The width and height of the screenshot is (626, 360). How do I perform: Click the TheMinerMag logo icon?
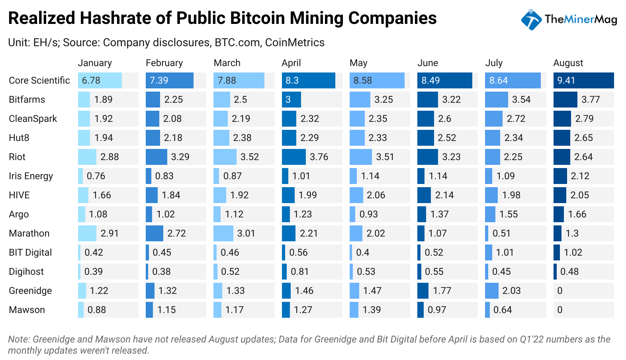tap(531, 20)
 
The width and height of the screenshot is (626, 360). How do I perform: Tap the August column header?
tap(568, 63)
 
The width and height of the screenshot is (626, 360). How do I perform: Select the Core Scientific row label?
tap(39, 80)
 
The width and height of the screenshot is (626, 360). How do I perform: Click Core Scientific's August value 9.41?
tap(566, 80)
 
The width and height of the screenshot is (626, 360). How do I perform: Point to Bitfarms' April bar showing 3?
tap(291, 100)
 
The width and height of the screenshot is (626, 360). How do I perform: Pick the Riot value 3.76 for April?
tap(319, 157)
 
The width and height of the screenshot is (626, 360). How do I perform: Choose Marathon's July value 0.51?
tap(501, 233)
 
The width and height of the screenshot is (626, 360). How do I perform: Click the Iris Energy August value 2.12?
tap(580, 176)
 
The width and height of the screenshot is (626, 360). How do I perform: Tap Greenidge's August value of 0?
tap(560, 291)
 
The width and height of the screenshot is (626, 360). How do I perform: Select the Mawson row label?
tap(27, 310)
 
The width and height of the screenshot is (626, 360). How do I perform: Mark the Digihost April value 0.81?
tap(299, 272)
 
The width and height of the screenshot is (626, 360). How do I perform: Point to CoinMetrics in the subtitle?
tap(295, 43)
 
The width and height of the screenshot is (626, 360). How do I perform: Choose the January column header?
tap(95, 63)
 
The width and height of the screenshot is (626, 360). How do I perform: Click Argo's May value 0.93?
tap(369, 214)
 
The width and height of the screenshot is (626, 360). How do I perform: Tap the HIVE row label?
tap(19, 195)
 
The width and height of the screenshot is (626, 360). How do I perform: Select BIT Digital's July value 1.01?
tap(505, 252)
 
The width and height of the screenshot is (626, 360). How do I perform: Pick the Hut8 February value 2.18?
tap(173, 138)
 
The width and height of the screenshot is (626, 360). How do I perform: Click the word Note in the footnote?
tap(19, 339)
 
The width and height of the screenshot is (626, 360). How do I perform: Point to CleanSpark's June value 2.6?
tap(444, 119)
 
